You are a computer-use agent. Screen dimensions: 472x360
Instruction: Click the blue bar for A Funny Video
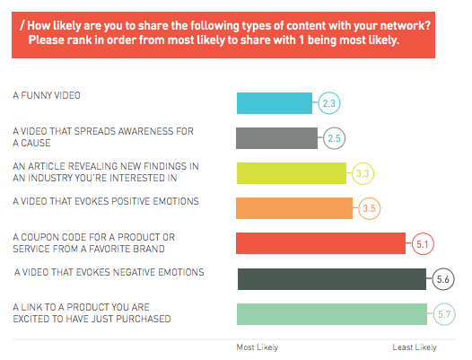[x=275, y=103]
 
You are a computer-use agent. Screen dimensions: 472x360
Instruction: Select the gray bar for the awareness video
[x=276, y=138]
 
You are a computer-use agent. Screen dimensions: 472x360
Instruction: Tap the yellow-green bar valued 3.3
[x=292, y=173]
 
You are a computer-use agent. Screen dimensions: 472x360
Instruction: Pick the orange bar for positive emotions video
[x=294, y=208]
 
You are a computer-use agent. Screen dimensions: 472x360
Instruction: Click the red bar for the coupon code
[x=320, y=243]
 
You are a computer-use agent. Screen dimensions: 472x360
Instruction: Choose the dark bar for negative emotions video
[x=332, y=279]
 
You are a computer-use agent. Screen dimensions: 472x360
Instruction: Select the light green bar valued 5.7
[x=332, y=314]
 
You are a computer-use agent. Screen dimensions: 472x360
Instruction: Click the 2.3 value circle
[x=329, y=103]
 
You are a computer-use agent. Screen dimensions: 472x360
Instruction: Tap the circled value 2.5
[x=334, y=138]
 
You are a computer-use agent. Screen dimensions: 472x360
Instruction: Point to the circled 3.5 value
[x=369, y=208]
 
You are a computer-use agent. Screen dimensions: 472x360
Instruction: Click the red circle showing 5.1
[x=423, y=243]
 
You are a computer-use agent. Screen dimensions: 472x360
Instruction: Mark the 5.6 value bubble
[x=443, y=279]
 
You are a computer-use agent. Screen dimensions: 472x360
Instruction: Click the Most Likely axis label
[x=258, y=347]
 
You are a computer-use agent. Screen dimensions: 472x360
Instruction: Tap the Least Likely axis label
[x=415, y=347]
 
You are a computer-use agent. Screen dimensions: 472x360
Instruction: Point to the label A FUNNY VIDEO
[x=47, y=95]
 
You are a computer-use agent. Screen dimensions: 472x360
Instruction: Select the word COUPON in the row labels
[x=39, y=237]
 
